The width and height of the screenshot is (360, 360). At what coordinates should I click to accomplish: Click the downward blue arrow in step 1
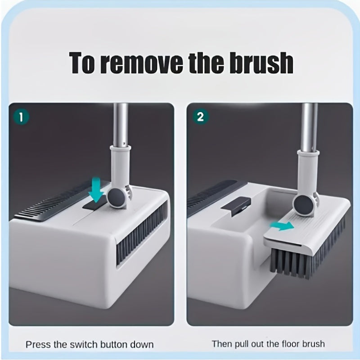pos(95,190)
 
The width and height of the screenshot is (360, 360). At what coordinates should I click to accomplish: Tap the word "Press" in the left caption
pos(38,344)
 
